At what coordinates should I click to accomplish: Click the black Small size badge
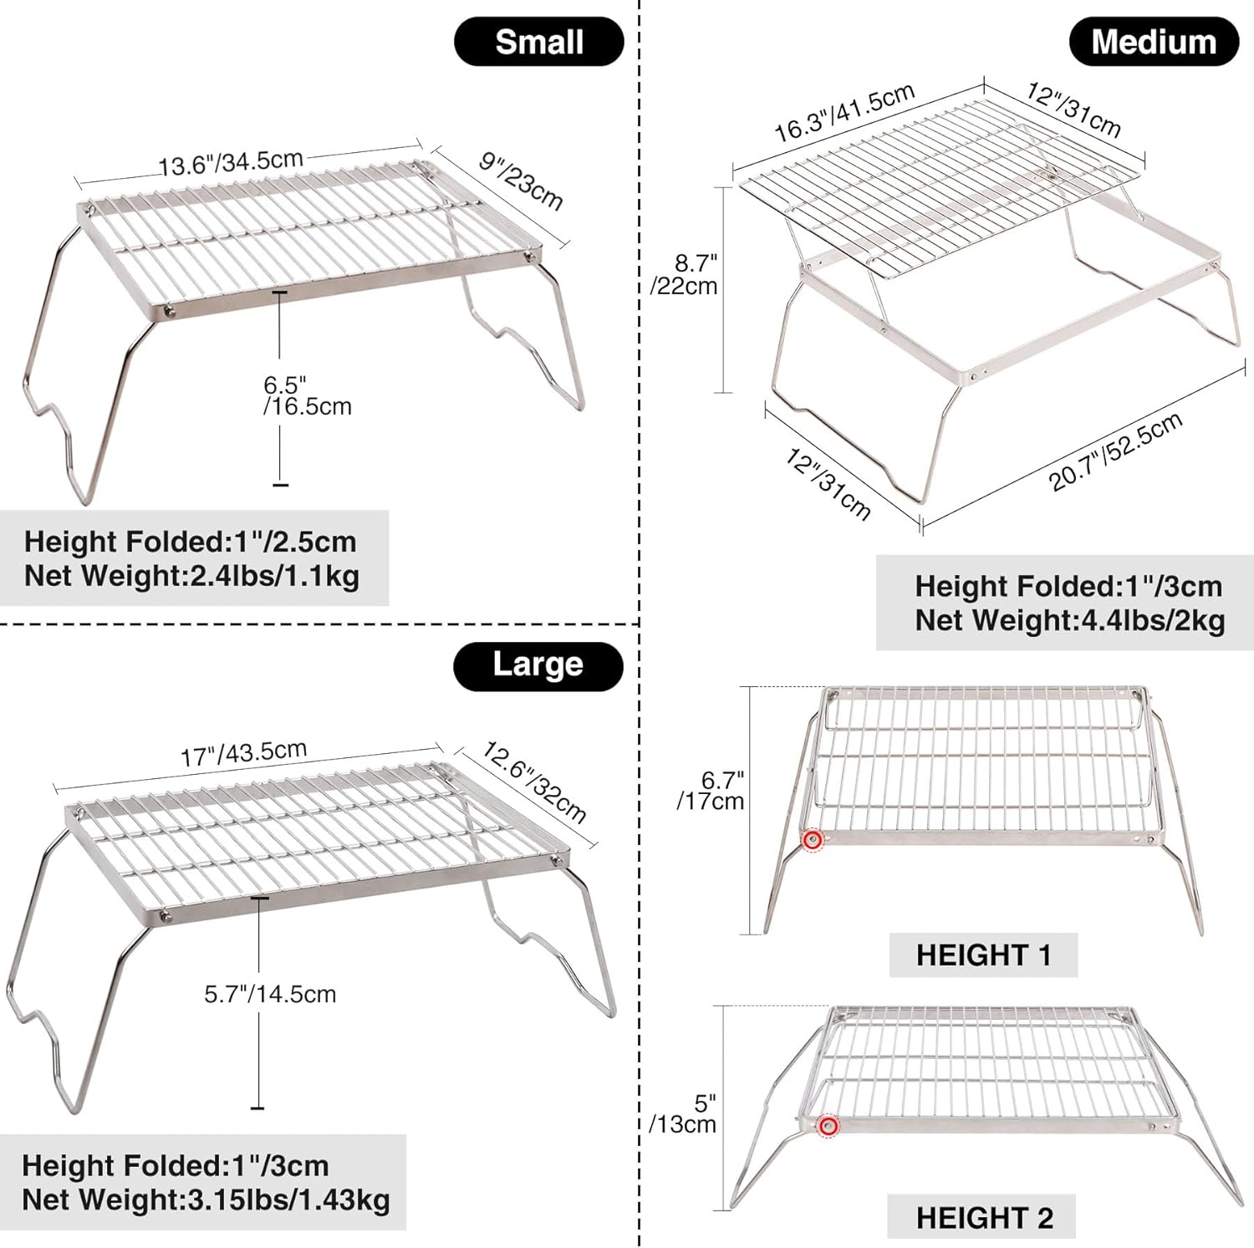pyautogui.click(x=539, y=43)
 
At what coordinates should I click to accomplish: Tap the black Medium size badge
pyautogui.click(x=1154, y=43)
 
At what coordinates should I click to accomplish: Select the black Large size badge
pyautogui.click(x=538, y=665)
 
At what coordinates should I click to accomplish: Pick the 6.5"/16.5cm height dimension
pyautogui.click(x=307, y=396)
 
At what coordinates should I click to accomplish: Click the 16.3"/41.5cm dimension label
pyautogui.click(x=844, y=113)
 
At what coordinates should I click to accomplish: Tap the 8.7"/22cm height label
pyautogui.click(x=684, y=274)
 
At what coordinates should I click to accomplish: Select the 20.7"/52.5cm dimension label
pyautogui.click(x=1116, y=451)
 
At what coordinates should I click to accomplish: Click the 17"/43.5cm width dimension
pyautogui.click(x=244, y=753)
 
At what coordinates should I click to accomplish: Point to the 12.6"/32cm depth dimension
pyautogui.click(x=534, y=782)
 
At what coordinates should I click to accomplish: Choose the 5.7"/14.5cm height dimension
pyautogui.click(x=270, y=994)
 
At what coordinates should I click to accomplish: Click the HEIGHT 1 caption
pyautogui.click(x=983, y=955)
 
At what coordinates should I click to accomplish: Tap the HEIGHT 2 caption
pyautogui.click(x=984, y=1218)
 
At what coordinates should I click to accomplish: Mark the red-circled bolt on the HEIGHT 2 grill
pyautogui.click(x=828, y=1126)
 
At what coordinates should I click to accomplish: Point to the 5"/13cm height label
pyautogui.click(x=683, y=1114)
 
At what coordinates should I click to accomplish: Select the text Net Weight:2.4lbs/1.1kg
pyautogui.click(x=191, y=576)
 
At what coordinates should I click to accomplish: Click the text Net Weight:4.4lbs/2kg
pyautogui.click(x=1070, y=620)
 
